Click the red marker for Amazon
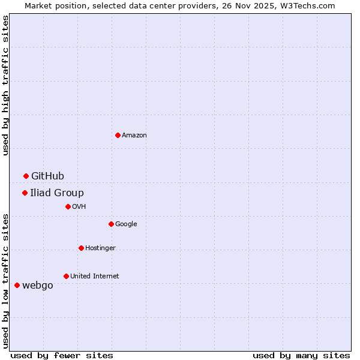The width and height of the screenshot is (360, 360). (x=118, y=135)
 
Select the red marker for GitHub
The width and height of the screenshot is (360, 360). (x=26, y=176)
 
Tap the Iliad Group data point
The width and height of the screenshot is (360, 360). (x=25, y=193)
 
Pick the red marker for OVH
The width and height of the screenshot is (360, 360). (x=68, y=206)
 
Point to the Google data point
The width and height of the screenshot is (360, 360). (x=111, y=224)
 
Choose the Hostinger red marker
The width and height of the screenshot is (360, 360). (x=81, y=248)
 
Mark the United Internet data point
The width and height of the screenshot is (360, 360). (x=66, y=276)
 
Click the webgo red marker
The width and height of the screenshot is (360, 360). (x=17, y=285)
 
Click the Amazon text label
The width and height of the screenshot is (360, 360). (x=134, y=135)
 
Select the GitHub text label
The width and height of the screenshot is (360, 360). (x=47, y=176)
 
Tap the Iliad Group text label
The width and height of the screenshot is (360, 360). (x=57, y=193)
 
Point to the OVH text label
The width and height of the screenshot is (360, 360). (x=79, y=206)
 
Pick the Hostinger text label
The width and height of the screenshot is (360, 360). (x=100, y=248)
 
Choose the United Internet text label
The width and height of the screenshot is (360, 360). (x=94, y=276)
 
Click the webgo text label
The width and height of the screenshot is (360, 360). (x=37, y=285)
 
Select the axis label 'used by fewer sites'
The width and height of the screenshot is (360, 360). (x=62, y=355)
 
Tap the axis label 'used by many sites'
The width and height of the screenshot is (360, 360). (x=301, y=355)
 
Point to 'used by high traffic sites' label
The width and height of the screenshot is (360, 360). (x=5, y=85)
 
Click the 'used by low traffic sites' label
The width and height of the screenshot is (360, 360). (x=5, y=280)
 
